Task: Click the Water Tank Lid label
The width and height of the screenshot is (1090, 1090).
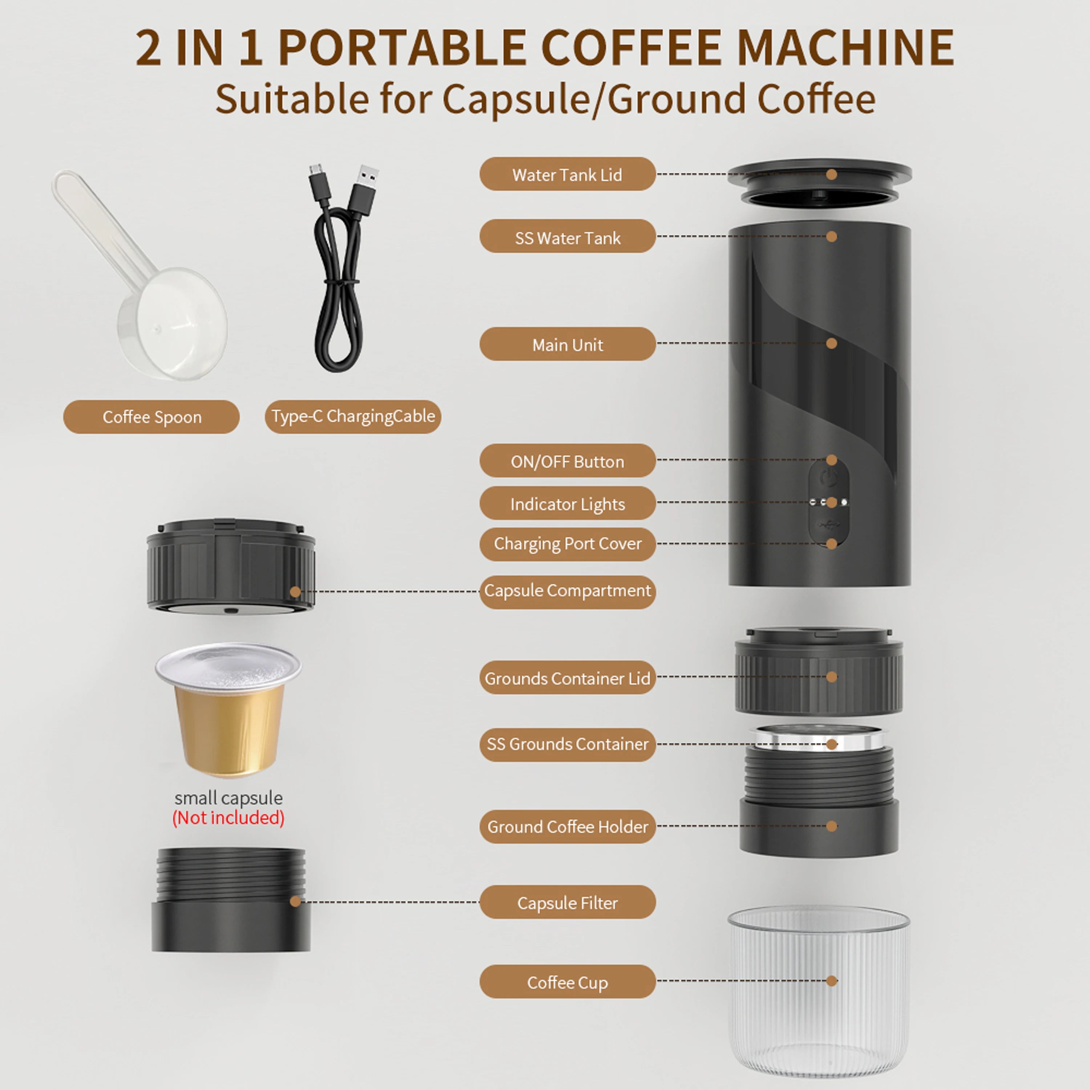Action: pyautogui.click(x=567, y=174)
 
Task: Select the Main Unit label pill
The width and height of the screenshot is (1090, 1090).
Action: pyautogui.click(x=567, y=344)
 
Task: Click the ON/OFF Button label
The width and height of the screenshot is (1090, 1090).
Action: pyautogui.click(x=567, y=461)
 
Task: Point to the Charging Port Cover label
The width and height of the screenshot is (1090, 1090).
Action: pyautogui.click(x=567, y=543)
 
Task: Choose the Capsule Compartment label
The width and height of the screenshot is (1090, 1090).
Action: pyautogui.click(x=567, y=591)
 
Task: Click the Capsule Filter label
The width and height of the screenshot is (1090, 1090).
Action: pyautogui.click(x=567, y=902)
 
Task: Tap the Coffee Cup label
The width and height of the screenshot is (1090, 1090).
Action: pyautogui.click(x=567, y=982)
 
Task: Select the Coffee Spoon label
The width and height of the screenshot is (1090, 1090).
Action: pyautogui.click(x=151, y=417)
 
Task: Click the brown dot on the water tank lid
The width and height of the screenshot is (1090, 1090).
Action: pyautogui.click(x=831, y=174)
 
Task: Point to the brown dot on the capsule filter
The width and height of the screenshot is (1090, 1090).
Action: pyautogui.click(x=295, y=901)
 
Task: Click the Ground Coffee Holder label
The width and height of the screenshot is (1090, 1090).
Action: pyautogui.click(x=567, y=827)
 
